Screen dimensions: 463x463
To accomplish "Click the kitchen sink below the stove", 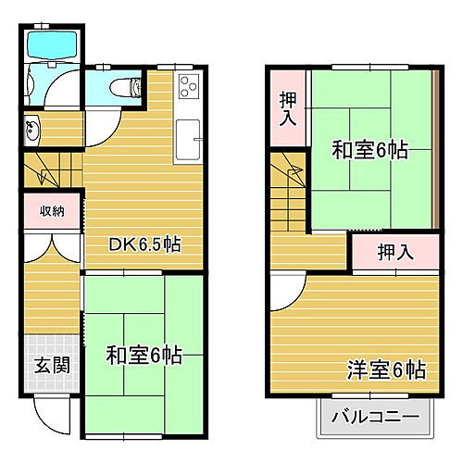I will (x=189, y=139).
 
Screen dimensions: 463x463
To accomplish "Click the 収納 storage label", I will (x=52, y=212).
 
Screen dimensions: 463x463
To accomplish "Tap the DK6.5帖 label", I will (x=144, y=245).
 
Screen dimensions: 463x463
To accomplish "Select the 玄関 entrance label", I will (x=52, y=364).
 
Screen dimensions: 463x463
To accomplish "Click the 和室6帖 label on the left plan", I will (x=144, y=354).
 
